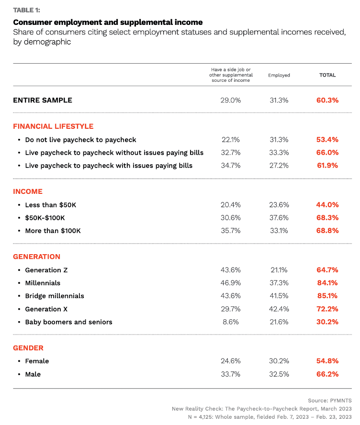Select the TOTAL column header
point(327,75)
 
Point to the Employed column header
point(279,75)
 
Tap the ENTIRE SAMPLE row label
point(43,100)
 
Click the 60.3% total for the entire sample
point(327,100)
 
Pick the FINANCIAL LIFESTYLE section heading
point(53,126)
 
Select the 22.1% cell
point(231,140)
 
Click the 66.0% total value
point(327,153)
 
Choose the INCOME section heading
point(28,191)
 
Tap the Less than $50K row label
point(50,205)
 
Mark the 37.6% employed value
point(279,218)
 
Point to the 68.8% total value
point(327,231)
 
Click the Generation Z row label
point(46,270)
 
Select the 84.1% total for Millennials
point(327,283)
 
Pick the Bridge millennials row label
point(55,296)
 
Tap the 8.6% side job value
point(231,322)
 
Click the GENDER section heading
point(28,348)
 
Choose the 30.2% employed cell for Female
point(279,361)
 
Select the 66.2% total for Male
point(327,374)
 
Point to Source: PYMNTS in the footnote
point(331,400)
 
